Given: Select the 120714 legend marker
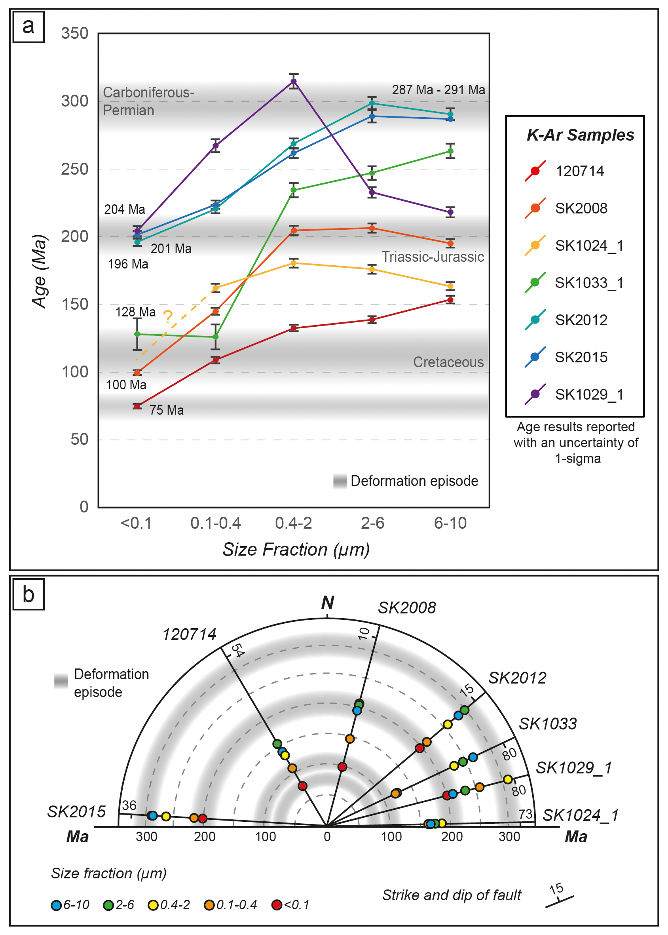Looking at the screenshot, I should [x=535, y=171].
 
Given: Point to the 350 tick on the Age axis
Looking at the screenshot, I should [x=74, y=33].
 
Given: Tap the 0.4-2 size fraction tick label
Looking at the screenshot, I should [x=293, y=523].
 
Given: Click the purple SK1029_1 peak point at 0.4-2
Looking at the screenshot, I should [x=294, y=82].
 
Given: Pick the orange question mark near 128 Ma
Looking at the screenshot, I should [x=168, y=317].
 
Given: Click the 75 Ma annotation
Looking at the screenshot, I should [x=166, y=410].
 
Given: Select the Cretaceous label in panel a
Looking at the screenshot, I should [x=448, y=362].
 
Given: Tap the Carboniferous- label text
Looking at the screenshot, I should [x=148, y=93].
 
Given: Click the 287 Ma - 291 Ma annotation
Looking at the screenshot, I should [x=438, y=90].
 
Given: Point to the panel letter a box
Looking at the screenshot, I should [x=28, y=27].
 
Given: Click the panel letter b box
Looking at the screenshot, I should [x=28, y=595].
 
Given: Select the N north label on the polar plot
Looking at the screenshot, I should [x=327, y=602].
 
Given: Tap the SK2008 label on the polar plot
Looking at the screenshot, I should [x=406, y=608].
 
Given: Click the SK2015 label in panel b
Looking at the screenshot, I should [x=76, y=812].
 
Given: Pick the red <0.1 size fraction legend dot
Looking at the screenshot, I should [x=277, y=905].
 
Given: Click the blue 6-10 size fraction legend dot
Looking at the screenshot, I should [x=56, y=905].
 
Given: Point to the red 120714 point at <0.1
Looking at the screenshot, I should [x=137, y=407].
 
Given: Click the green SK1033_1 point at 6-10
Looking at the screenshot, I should [x=450, y=151].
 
